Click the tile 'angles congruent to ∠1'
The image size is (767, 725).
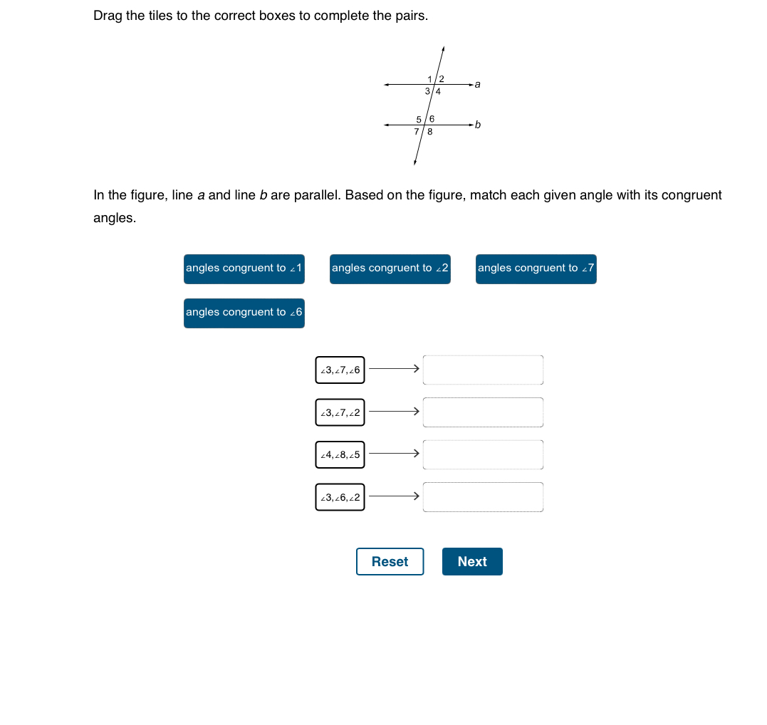pyautogui.click(x=244, y=268)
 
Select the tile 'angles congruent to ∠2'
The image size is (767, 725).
pyautogui.click(x=390, y=268)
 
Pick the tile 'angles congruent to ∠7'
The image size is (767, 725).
pyautogui.click(x=536, y=268)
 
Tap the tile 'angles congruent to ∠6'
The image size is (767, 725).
pyautogui.click(x=244, y=313)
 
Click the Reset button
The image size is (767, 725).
pyautogui.click(x=390, y=561)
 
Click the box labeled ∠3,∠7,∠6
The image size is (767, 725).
pyautogui.click(x=340, y=370)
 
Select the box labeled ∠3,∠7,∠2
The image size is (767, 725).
pyautogui.click(x=340, y=412)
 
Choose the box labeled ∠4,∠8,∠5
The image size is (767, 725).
pyautogui.click(x=340, y=454)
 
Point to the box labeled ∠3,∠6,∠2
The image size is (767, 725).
pyautogui.click(x=340, y=497)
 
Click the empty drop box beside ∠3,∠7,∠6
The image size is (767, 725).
pyautogui.click(x=483, y=370)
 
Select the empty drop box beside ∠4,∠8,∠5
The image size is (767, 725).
pyautogui.click(x=483, y=454)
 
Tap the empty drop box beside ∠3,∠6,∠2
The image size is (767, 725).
pyautogui.click(x=483, y=497)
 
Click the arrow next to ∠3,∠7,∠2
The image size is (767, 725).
pyautogui.click(x=393, y=412)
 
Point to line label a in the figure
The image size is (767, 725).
pyautogui.click(x=477, y=84)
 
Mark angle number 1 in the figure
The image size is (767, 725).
pyautogui.click(x=430, y=78)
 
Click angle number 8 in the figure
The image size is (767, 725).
pyautogui.click(x=430, y=132)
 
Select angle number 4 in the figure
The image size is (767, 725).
pyautogui.click(x=438, y=91)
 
